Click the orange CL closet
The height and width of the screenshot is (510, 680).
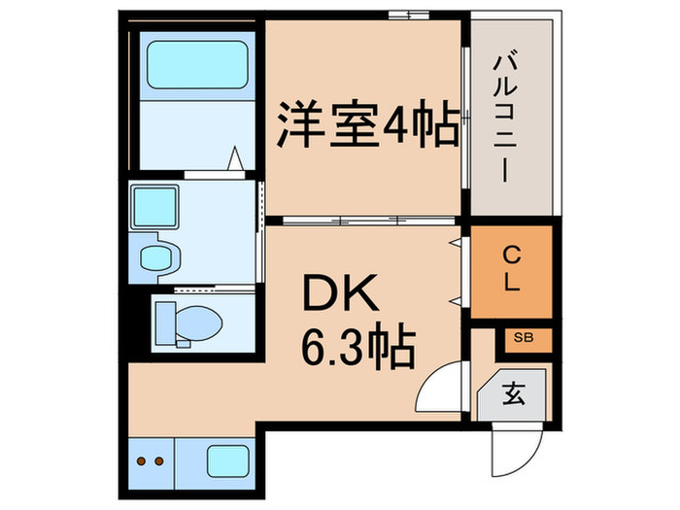(511, 271)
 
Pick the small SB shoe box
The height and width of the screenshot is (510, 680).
(526, 339)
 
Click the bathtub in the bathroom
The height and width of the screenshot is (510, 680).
(194, 64)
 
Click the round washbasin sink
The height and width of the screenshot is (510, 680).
(156, 257)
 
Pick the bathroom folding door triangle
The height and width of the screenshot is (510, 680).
(237, 159)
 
